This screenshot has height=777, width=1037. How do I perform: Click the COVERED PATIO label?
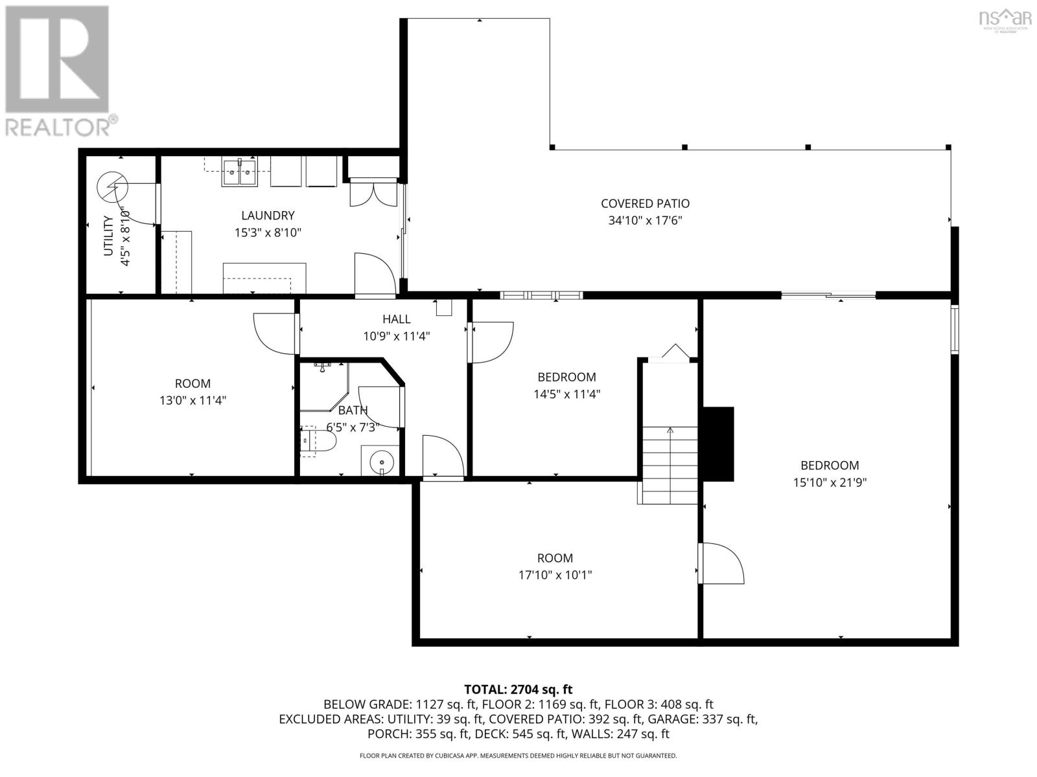644,203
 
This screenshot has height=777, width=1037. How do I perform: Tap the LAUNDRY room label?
268,216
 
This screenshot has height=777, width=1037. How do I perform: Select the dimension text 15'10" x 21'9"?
830,482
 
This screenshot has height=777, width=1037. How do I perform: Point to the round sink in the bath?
381,462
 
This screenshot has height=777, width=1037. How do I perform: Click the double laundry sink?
240,173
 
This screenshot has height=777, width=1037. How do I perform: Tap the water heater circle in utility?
113,187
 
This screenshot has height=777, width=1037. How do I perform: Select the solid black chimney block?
718,444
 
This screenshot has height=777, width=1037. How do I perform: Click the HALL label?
396,319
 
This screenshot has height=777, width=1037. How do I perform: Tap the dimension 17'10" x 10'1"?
555,575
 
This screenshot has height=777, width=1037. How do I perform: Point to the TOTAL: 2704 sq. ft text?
518,690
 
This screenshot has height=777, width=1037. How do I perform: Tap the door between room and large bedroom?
721,563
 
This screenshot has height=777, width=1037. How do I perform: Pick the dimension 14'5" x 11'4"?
566,394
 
